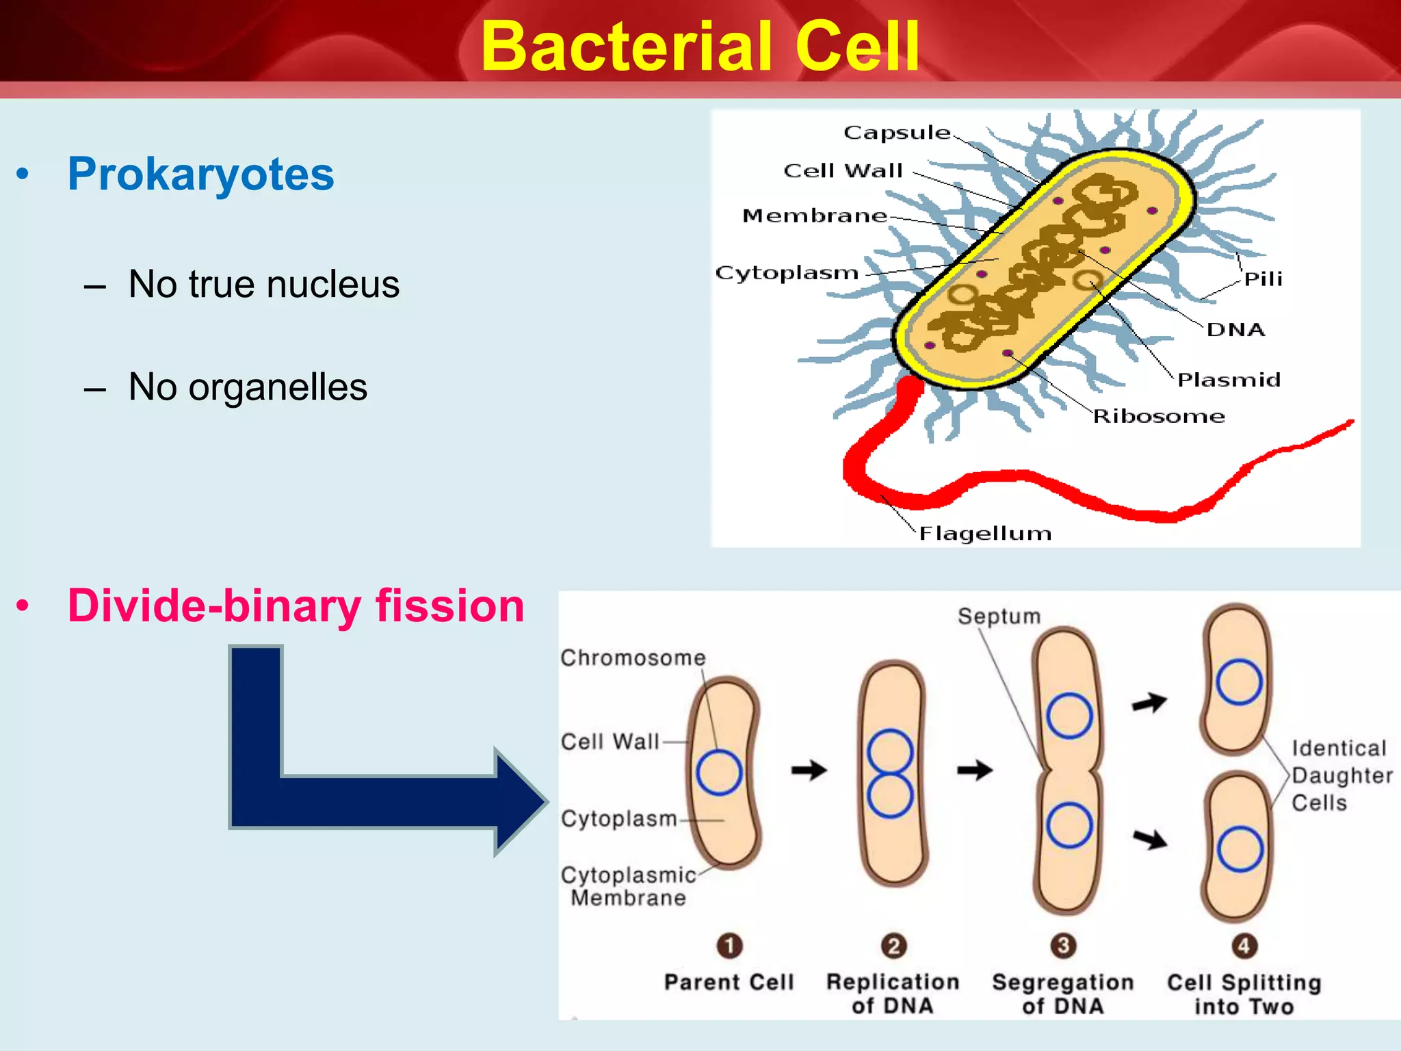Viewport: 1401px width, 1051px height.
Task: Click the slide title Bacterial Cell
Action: [700, 47]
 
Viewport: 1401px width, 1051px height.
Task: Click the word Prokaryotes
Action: [200, 174]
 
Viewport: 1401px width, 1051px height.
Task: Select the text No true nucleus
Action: [263, 284]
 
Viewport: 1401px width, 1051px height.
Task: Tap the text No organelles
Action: [248, 387]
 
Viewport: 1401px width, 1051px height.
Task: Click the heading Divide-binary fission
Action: [296, 606]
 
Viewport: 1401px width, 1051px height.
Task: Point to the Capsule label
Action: [896, 132]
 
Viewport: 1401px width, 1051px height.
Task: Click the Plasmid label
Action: [1229, 380]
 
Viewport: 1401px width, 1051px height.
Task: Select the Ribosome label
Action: [1159, 416]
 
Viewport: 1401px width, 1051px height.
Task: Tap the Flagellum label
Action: [984, 533]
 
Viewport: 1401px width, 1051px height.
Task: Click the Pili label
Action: [1263, 279]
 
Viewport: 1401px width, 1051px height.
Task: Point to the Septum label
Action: [999, 616]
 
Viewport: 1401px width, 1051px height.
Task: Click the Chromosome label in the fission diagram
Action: [633, 658]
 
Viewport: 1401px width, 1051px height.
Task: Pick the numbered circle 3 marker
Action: [1063, 946]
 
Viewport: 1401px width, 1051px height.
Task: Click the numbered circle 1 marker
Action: [729, 946]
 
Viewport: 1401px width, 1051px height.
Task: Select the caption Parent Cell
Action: [729, 983]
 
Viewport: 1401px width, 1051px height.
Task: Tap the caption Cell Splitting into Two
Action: [1244, 994]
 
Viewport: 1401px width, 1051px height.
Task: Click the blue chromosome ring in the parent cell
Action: [719, 773]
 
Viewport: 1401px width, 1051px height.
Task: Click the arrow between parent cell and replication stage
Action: [809, 770]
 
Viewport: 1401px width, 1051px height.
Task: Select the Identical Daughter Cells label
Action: [1340, 775]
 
